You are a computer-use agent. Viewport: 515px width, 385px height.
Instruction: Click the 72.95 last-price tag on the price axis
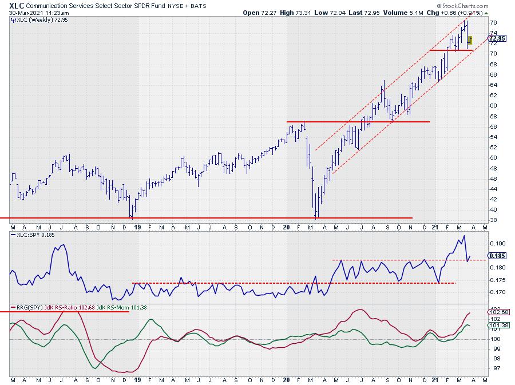498,38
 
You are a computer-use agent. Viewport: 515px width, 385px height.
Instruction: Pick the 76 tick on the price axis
493,22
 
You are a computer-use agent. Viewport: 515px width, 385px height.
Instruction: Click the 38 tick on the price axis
493,220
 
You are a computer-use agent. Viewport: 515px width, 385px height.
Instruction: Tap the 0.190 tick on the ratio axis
497,243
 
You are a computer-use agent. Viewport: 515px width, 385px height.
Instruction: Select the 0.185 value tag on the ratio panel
497,256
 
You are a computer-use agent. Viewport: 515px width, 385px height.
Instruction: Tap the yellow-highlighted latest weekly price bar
470,40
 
